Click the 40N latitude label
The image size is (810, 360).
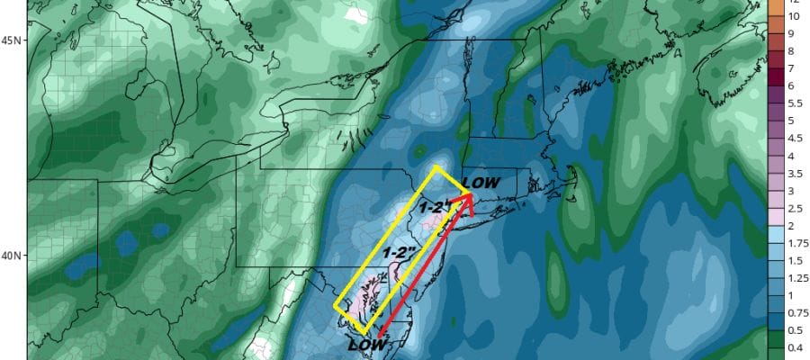coord(13,256)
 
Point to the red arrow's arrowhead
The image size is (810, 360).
coord(465,202)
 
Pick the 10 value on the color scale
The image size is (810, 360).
coord(794,16)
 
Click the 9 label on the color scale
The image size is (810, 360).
coord(792,33)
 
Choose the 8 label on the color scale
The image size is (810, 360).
coord(792,50)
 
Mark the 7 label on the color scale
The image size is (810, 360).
coord(792,68)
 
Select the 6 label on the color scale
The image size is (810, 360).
coord(792,85)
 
